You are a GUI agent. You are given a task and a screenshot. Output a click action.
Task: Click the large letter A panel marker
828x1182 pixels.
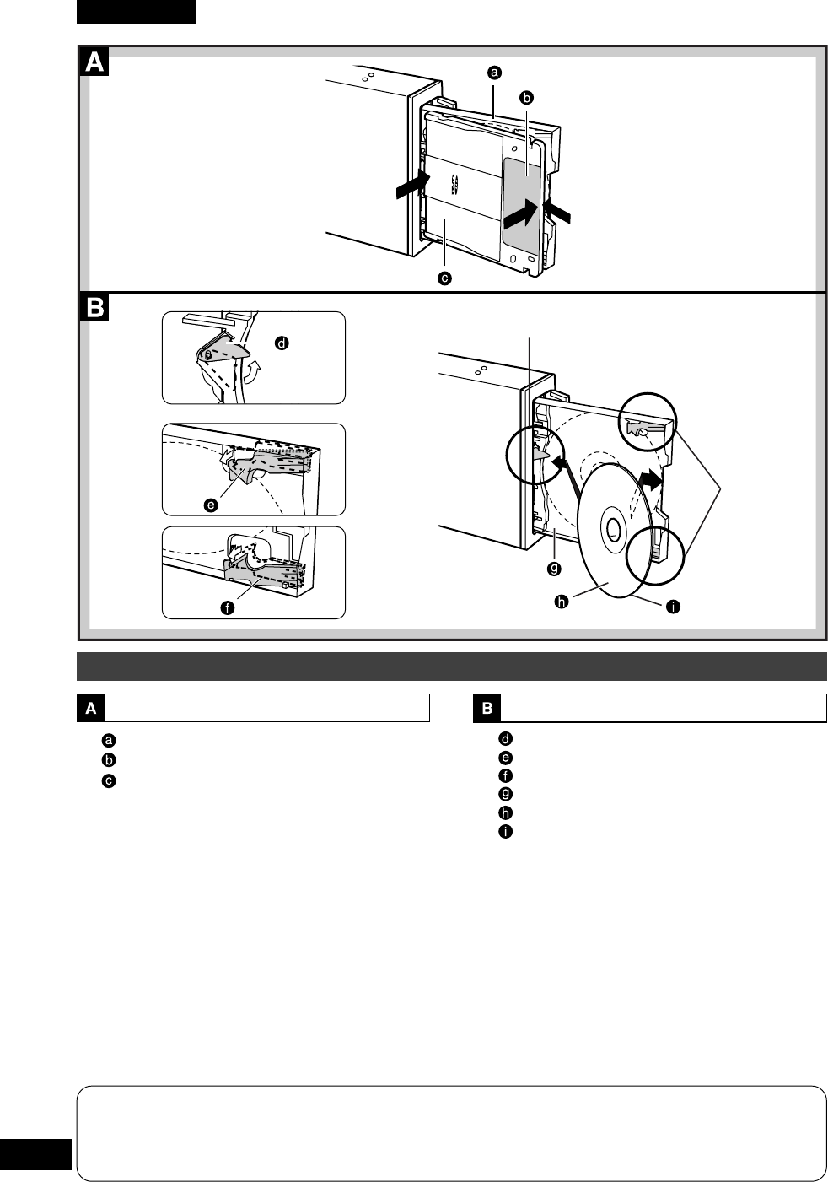click(x=94, y=62)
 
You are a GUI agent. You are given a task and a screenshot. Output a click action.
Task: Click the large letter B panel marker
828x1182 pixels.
click(x=94, y=308)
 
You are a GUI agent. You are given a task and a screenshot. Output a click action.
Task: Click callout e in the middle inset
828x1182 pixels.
click(x=210, y=505)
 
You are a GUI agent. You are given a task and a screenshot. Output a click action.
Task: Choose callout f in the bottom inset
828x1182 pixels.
click(x=227, y=607)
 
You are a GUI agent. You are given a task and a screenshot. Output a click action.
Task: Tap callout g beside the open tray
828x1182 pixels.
click(x=554, y=568)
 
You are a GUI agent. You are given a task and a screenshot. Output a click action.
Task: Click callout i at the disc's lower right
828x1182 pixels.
click(x=672, y=607)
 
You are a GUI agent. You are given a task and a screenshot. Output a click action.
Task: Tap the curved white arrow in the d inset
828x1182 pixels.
click(x=250, y=371)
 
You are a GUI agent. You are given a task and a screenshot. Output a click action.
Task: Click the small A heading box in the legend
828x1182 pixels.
click(x=90, y=709)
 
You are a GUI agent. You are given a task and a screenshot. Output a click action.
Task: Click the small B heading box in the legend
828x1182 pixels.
click(x=487, y=709)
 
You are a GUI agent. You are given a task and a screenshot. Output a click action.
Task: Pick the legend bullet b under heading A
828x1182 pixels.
click(x=109, y=760)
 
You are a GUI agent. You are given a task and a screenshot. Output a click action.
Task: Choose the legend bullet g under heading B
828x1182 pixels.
click(x=506, y=794)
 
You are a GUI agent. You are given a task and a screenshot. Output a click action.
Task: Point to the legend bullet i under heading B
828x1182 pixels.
click(x=506, y=832)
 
